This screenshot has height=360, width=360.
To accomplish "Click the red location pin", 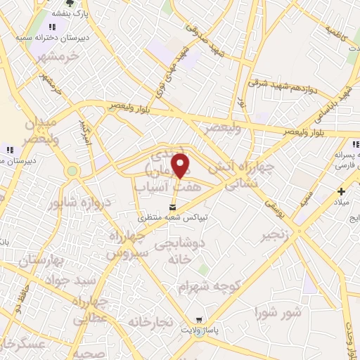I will pos(181,165).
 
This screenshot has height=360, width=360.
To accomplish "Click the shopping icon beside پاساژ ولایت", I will pos(200,319).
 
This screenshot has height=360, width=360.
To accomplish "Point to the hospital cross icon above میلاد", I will pos(341,191).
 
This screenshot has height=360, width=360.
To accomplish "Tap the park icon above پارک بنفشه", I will pos(68,4).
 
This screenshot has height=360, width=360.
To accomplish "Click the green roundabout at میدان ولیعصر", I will pos(72,170).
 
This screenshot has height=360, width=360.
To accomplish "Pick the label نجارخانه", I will pos(150,321).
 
